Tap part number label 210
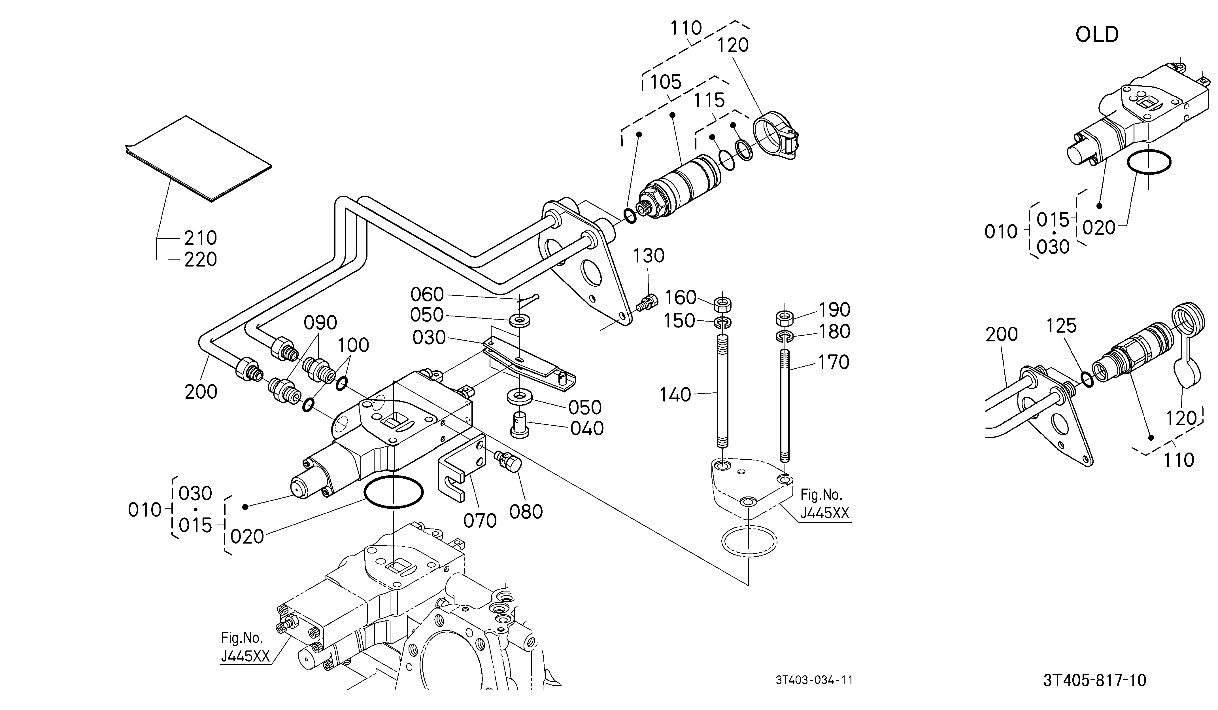201,238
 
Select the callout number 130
649,255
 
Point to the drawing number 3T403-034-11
815,680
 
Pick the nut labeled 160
722,305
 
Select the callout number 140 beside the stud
676,395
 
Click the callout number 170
833,362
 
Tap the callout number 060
427,295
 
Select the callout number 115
709,101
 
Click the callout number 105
666,82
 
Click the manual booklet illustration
198,158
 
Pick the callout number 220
201,260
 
